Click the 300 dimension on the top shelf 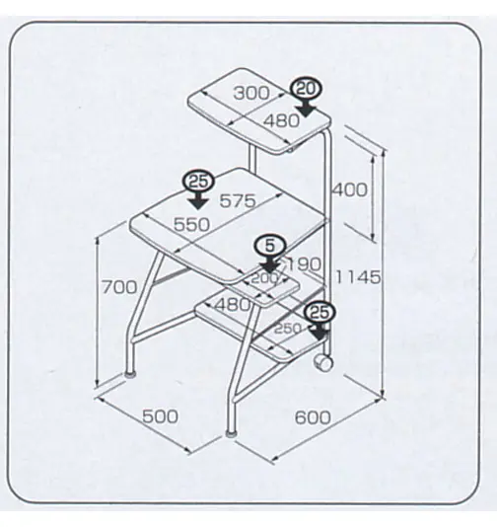coord(251,93)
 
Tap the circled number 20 coord(307,89)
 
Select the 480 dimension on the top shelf coord(281,120)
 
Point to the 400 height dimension coord(350,189)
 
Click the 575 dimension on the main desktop coord(238,201)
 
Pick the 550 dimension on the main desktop coord(191,224)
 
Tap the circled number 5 coord(270,247)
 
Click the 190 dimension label coord(304,264)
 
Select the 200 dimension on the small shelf coord(265,278)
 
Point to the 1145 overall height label coord(359,277)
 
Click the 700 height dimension coord(119,287)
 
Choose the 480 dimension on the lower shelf coord(233,305)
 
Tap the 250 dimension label coord(288,329)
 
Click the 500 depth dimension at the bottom coord(160,416)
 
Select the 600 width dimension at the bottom coord(313,417)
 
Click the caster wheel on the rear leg coord(322,363)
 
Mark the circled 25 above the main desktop coord(198,182)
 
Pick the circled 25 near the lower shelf coord(319,313)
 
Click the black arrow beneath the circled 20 coord(306,108)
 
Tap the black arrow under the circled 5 coord(269,264)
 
